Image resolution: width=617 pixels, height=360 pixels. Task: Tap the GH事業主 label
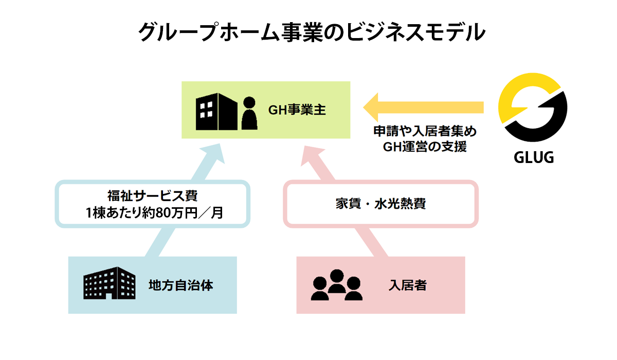297,110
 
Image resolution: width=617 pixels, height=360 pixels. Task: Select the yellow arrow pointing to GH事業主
422,107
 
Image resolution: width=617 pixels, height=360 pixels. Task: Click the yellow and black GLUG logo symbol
534,109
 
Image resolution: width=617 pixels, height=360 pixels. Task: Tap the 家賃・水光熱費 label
380,203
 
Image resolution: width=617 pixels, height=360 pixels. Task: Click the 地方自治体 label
180,285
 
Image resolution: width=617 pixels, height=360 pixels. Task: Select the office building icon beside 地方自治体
109,283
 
